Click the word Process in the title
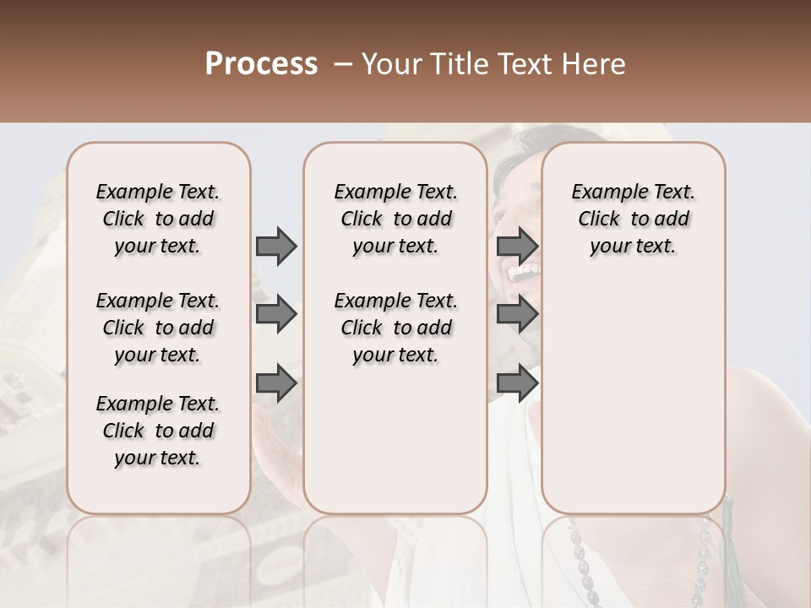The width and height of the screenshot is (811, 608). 261,63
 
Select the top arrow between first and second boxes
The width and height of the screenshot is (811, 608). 276,246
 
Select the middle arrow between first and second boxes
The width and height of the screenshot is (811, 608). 276,315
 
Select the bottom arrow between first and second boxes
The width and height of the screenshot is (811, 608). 276,383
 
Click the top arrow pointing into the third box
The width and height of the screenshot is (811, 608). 517,246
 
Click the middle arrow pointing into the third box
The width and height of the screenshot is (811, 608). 517,315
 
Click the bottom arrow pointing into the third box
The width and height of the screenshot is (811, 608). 517,383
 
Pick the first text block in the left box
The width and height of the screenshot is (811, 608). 158,219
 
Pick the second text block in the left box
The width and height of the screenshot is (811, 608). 158,328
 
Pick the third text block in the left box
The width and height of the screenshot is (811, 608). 158,431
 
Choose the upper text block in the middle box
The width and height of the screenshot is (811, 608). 396,219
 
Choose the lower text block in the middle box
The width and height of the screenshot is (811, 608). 396,328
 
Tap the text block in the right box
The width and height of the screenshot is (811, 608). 634,219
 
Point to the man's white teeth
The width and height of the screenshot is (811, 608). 525,273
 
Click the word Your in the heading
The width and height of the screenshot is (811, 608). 389,63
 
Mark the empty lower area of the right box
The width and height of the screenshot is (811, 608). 634,405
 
